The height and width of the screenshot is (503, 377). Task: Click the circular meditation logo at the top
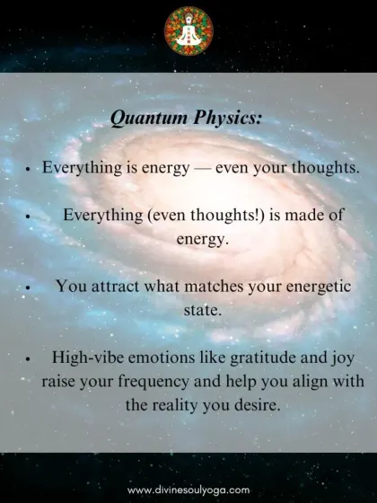point(188,31)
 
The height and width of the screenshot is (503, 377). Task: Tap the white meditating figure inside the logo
point(188,32)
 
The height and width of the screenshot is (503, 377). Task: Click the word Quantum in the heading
point(149,119)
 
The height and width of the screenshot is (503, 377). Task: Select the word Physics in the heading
point(228,119)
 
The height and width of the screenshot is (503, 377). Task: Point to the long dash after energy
point(202,168)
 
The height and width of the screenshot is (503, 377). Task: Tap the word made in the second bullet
point(302,215)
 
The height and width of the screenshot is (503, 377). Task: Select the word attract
point(115,286)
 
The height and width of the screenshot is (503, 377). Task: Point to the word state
point(203,310)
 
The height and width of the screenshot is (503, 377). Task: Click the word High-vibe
point(88,357)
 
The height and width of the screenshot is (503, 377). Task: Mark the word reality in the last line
point(174,406)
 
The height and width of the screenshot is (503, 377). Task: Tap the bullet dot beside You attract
point(28,287)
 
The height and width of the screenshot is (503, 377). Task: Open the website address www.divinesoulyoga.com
point(188,490)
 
